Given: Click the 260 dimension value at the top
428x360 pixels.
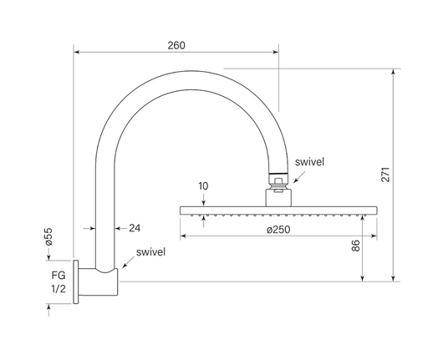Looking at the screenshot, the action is tap(176, 45).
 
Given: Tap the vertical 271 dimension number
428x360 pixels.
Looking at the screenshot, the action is tap(385, 175).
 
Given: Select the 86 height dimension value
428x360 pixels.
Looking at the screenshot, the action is tap(355, 246).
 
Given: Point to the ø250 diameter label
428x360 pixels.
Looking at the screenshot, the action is tap(278, 230).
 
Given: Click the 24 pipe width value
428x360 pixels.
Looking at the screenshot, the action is tap(135, 228).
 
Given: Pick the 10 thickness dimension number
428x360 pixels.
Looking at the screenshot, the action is tap(203, 186).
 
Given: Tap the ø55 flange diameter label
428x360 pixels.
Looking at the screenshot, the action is tap(48, 236).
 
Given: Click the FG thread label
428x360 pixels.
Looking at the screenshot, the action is tap(59, 276).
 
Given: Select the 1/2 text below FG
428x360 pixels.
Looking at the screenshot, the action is tap(59, 289).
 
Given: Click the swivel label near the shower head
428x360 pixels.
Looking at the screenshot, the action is tap(309, 162).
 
